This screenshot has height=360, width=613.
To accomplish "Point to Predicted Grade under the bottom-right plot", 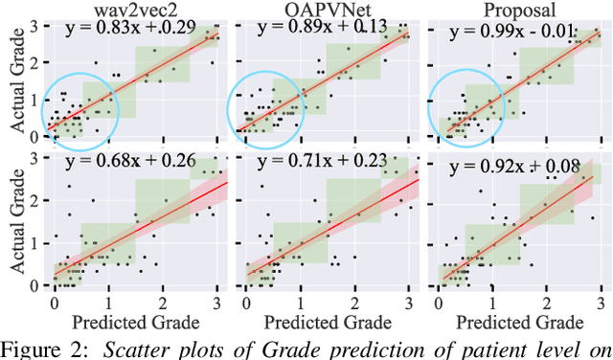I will pos(514,321).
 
